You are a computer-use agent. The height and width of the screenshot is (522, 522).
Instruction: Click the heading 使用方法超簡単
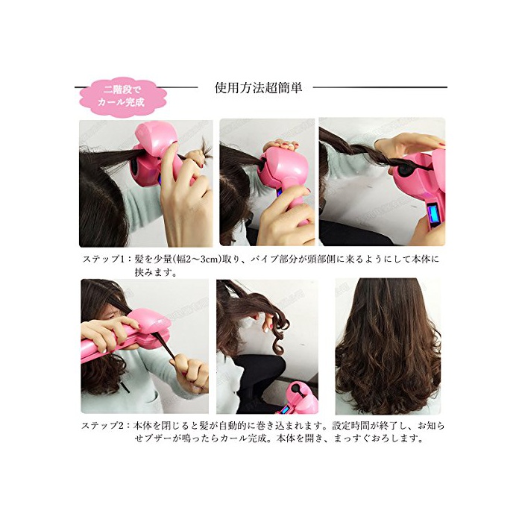[258, 88]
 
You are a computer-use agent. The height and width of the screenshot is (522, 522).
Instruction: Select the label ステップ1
[101, 260]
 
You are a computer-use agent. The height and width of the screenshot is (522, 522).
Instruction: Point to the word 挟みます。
[156, 273]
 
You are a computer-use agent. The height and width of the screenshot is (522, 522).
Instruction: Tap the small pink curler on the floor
[299, 397]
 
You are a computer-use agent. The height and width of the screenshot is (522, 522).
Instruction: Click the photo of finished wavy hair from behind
[388, 346]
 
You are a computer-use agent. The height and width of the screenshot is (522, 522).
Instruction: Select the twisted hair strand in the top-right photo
[359, 157]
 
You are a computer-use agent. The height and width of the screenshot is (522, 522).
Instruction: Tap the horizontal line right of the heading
[380, 87]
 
